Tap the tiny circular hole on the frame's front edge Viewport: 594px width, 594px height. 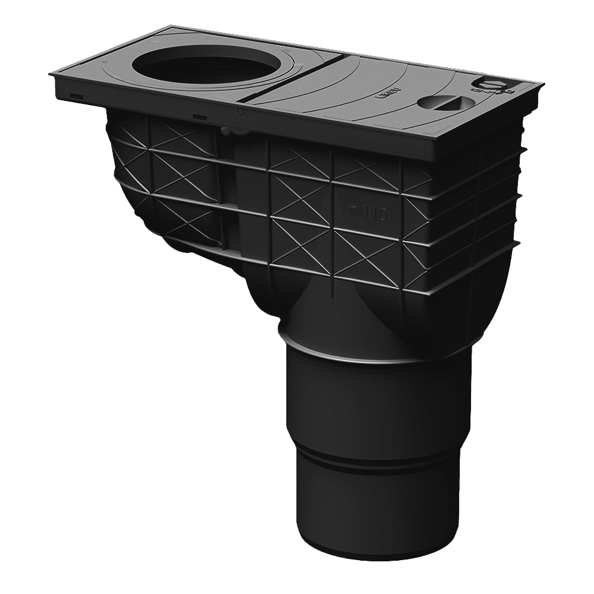tap(240, 111)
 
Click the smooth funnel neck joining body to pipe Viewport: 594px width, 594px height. tap(333, 309)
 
